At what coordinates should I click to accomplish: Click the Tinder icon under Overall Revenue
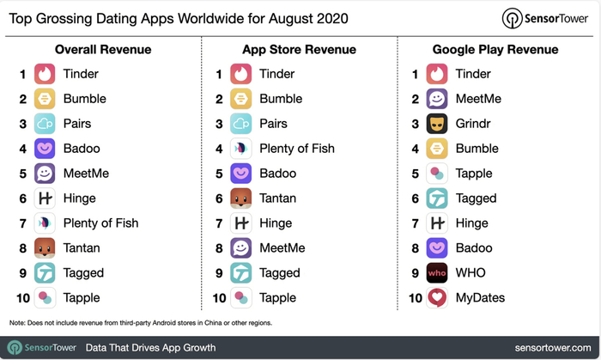(x=45, y=74)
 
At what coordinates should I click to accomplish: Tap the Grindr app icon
(x=437, y=124)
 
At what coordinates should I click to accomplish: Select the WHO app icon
(x=437, y=273)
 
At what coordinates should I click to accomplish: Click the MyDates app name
(x=480, y=298)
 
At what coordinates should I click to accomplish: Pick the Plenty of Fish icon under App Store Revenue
(x=240, y=149)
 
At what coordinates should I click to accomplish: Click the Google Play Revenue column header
(x=495, y=50)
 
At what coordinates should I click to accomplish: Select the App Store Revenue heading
(x=299, y=50)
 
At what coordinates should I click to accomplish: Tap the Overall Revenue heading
(x=103, y=50)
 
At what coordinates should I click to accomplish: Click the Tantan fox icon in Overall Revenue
(x=45, y=248)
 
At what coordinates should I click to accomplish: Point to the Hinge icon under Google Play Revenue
(x=437, y=223)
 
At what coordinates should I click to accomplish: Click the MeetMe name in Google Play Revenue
(x=478, y=99)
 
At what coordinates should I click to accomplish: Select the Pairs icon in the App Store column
(x=240, y=124)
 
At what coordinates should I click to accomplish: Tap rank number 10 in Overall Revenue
(x=23, y=298)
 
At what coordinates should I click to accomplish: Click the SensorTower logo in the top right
(x=544, y=18)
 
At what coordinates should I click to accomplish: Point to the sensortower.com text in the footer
(x=553, y=348)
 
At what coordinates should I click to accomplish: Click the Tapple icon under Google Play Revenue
(x=437, y=174)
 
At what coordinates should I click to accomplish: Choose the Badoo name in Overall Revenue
(x=82, y=149)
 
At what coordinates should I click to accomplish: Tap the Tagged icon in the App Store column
(x=240, y=273)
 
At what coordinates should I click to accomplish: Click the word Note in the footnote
(x=17, y=323)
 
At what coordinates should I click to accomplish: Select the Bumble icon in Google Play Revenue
(x=437, y=149)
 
